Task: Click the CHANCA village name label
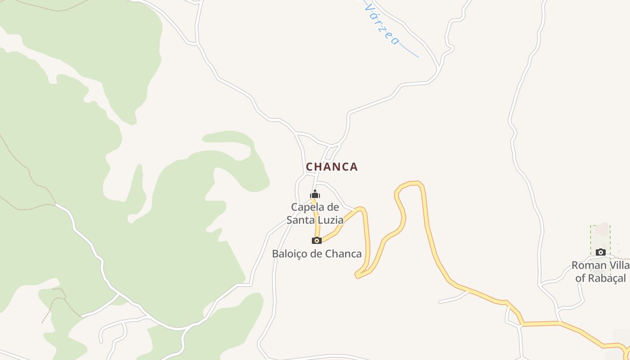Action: pos(332,167)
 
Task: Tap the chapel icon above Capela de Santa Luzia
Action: pos(315,194)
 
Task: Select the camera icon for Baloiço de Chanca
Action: pos(317,240)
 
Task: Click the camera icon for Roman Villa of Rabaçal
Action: pos(600,252)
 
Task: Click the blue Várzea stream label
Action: pos(382,25)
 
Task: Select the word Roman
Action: pos(589,265)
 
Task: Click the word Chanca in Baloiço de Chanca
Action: pos(343,254)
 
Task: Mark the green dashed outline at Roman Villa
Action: pos(591,238)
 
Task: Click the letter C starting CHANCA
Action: pos(309,167)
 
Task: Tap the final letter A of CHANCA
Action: pos(354,167)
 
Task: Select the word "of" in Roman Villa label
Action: pos(580,278)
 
